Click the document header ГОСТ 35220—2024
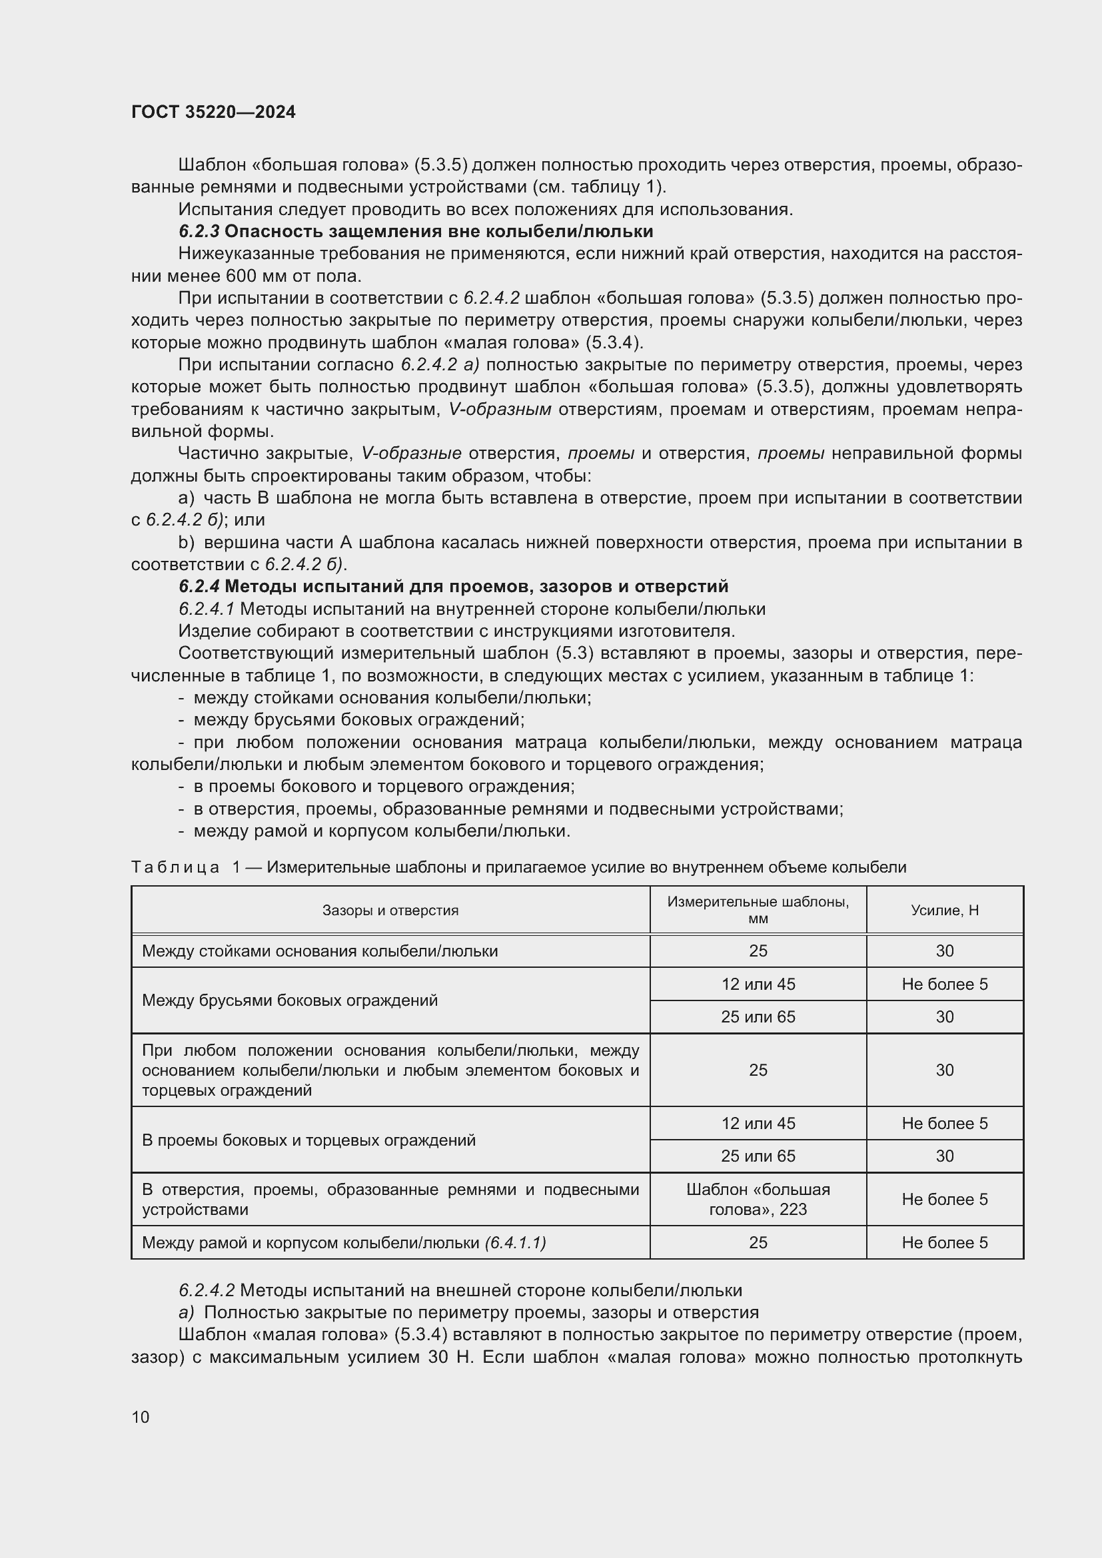pyautogui.click(x=213, y=112)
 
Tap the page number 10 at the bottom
pyautogui.click(x=141, y=1417)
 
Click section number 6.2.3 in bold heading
pyautogui.click(x=199, y=231)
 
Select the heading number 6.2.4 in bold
pyautogui.click(x=199, y=585)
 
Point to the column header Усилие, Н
pyautogui.click(x=944, y=910)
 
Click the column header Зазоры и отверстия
pyautogui.click(x=390, y=910)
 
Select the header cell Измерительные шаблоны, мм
pyautogui.click(x=758, y=910)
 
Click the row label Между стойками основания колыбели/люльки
pyautogui.click(x=320, y=951)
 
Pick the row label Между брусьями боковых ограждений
pyautogui.click(x=290, y=1000)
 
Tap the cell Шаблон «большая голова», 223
pyautogui.click(x=758, y=1199)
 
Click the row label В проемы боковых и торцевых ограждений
pyautogui.click(x=308, y=1140)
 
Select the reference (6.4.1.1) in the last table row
pyautogui.click(x=516, y=1242)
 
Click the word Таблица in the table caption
pyautogui.click(x=175, y=867)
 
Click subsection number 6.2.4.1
pyautogui.click(x=207, y=609)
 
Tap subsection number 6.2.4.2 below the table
pyautogui.click(x=207, y=1290)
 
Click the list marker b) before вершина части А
pyautogui.click(x=187, y=542)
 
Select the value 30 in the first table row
pyautogui.click(x=944, y=951)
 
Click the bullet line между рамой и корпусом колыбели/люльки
pyautogui.click(x=381, y=831)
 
